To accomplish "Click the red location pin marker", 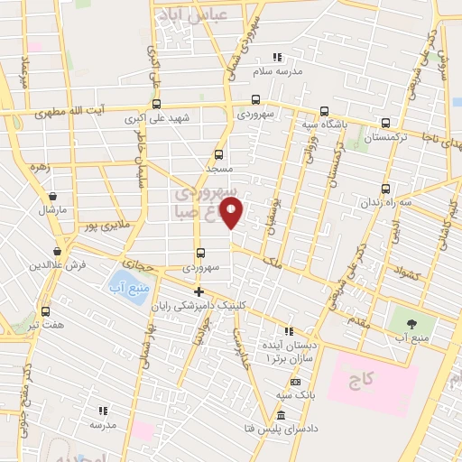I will click(x=233, y=214).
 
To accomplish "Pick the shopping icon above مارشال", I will click(x=53, y=195).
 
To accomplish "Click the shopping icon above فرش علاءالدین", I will click(x=57, y=251).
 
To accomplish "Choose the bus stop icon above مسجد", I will click(x=217, y=154).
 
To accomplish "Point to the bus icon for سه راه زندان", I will click(x=386, y=189).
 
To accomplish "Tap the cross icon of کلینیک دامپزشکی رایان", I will click(x=199, y=291).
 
